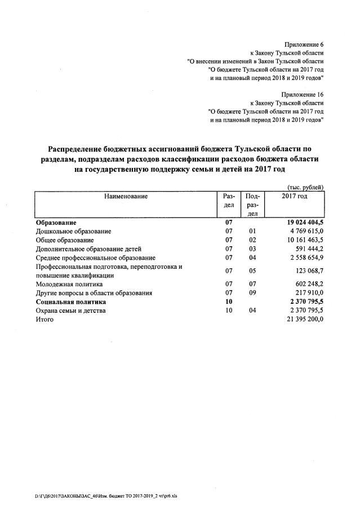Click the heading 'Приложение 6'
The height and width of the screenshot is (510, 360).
click(x=305, y=43)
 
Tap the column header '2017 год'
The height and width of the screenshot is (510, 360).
click(x=294, y=196)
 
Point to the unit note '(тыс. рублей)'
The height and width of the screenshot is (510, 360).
click(x=305, y=187)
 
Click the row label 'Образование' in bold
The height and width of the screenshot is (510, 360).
click(x=56, y=223)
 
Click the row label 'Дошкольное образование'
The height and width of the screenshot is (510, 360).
click(x=74, y=231)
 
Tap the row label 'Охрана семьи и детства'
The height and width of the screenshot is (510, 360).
click(x=71, y=311)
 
